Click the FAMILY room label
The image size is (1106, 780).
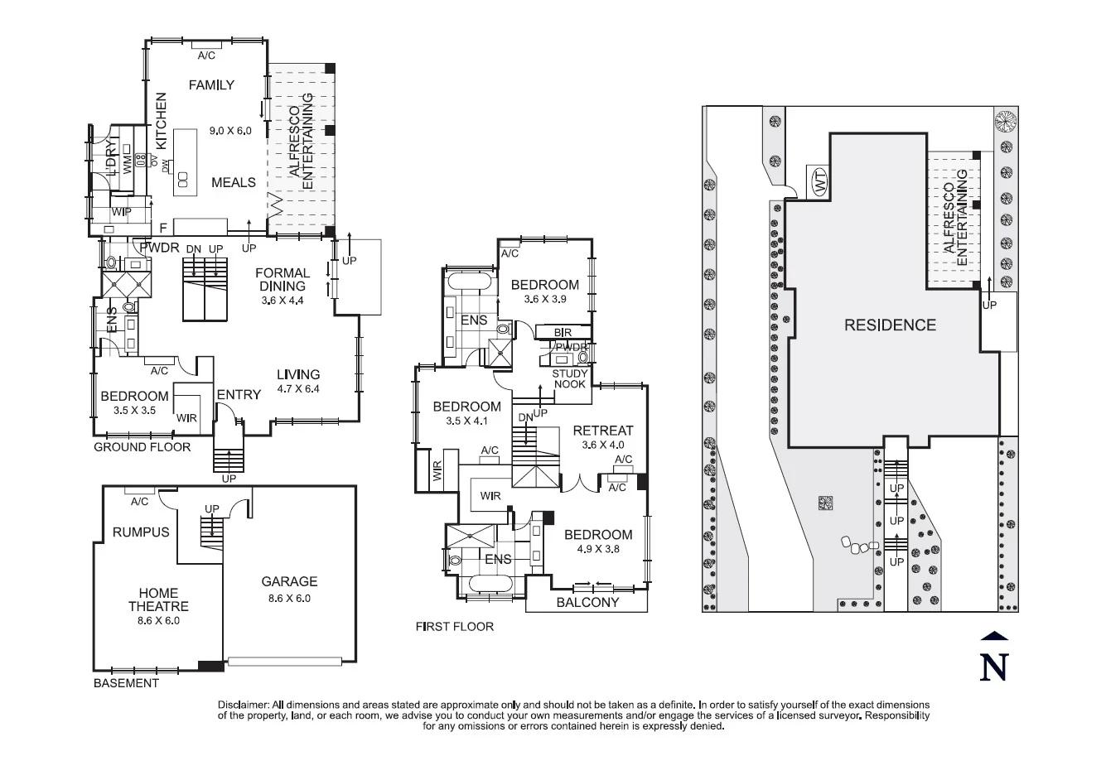pos(211,84)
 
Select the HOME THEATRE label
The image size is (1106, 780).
pos(158,599)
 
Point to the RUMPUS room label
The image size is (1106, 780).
pos(141,532)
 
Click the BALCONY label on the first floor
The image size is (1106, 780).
pos(587,602)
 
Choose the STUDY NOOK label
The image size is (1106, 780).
pos(569,379)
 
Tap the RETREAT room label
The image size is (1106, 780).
pos(602,431)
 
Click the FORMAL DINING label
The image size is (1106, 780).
pos(283,279)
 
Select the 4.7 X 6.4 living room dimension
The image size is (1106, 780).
pos(297,388)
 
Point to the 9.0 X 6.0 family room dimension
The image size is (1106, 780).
pos(229,130)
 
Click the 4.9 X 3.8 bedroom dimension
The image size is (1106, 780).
pos(592,548)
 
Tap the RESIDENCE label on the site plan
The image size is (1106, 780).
pos(890,325)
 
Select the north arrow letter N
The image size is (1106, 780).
pos(993,667)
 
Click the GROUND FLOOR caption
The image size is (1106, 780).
pos(142,447)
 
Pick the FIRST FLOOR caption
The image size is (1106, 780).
pos(454,627)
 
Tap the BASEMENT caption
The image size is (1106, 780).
pos(125,683)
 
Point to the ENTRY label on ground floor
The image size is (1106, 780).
pos(239,395)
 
